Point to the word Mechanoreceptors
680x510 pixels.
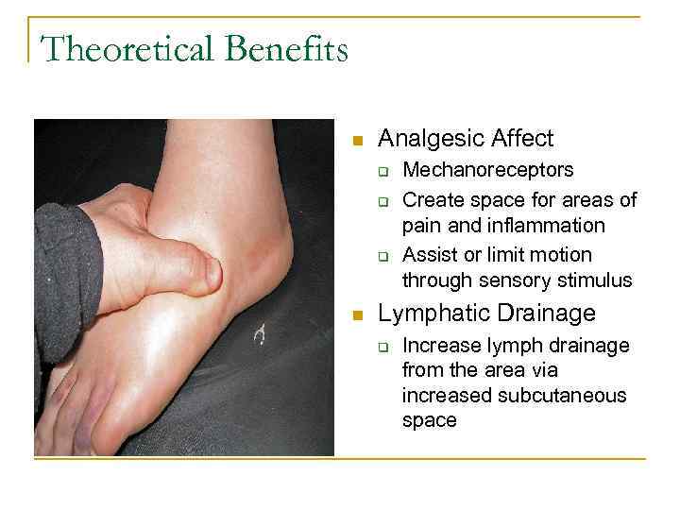487,171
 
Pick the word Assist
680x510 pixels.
429,255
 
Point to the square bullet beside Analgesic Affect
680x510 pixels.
357,142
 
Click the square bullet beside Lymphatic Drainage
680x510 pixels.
357,315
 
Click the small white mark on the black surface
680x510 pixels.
262,332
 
